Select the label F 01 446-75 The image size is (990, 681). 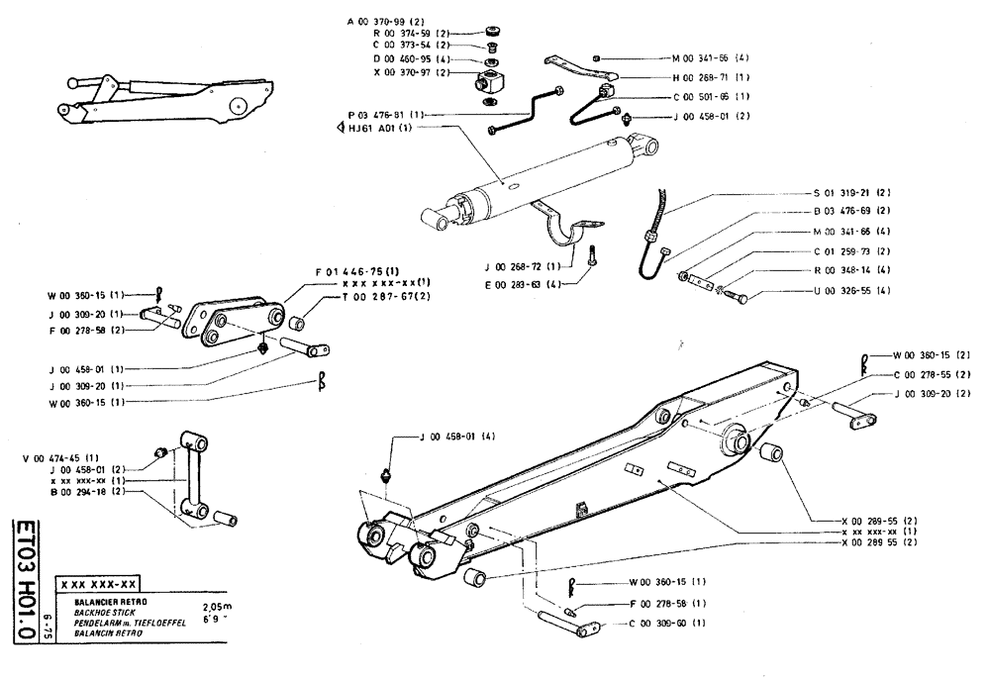(357, 271)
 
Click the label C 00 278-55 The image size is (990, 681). (930, 374)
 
